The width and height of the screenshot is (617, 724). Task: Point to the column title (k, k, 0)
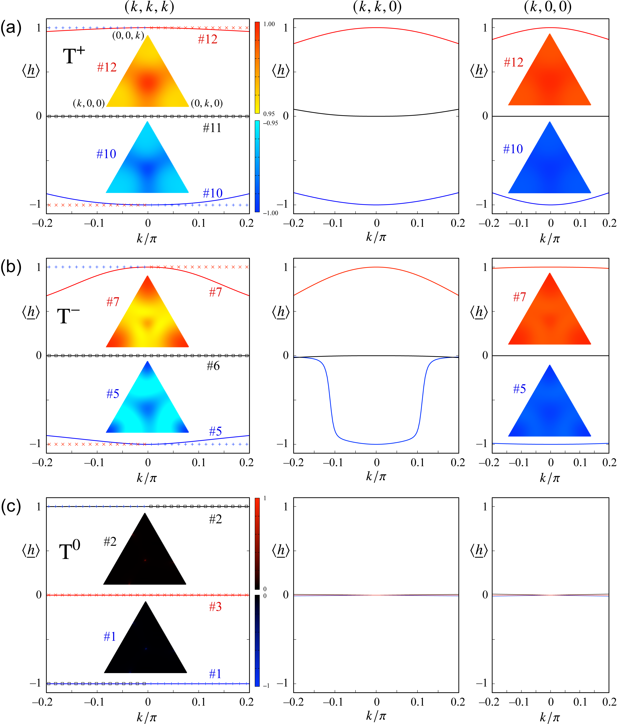point(377,7)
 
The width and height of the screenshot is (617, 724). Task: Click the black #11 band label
point(212,128)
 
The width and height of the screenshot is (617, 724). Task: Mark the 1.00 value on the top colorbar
point(269,24)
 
